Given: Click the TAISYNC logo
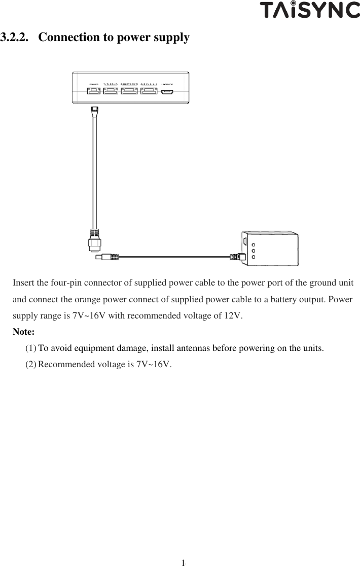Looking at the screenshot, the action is (310, 10).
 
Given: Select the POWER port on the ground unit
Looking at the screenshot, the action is (94, 91).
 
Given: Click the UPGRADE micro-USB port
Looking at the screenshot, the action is (167, 92).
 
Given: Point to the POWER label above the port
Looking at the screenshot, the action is (94, 84).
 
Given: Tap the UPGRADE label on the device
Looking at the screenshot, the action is (167, 84).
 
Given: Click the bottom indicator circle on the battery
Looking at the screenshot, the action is (254, 257).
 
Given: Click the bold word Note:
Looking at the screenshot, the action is (23, 332).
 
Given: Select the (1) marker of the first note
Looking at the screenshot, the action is (31, 348).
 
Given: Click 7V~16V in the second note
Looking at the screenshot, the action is (154, 365).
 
